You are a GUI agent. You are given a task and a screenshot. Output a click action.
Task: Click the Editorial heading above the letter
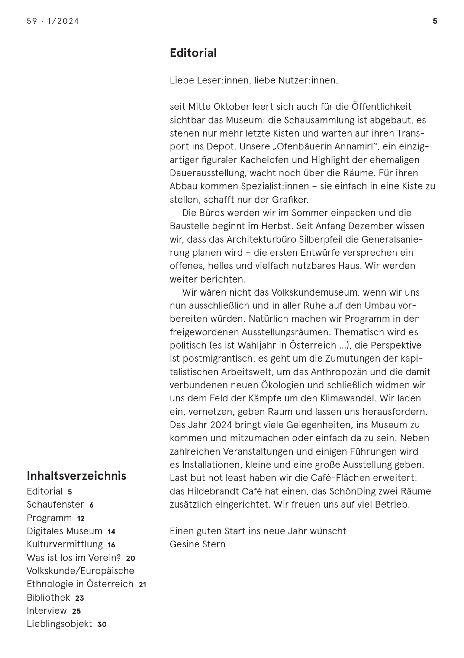click(193, 53)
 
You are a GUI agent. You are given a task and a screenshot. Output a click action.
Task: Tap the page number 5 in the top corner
click(435, 21)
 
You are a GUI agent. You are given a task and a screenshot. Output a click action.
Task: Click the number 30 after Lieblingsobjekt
click(102, 624)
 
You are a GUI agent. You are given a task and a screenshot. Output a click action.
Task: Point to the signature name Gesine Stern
click(197, 544)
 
